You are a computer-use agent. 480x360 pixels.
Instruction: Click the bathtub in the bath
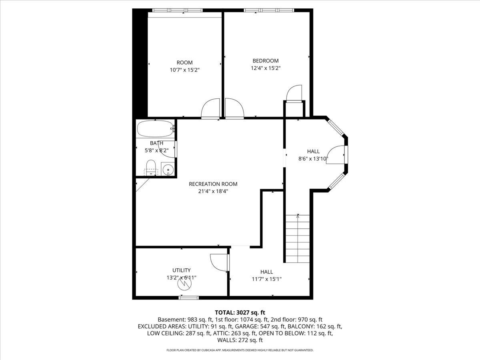coord(155,129)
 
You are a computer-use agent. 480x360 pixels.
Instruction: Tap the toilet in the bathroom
coord(150,167)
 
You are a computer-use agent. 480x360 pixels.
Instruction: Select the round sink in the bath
coord(168,170)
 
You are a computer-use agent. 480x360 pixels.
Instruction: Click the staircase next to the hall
coord(297,238)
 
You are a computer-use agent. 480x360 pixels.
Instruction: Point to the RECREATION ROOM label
coord(213,184)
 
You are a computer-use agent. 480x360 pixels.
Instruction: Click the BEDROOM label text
coord(265,61)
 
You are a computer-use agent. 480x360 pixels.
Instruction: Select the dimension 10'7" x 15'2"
coord(184,70)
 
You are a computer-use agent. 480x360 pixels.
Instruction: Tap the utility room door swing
coord(219,262)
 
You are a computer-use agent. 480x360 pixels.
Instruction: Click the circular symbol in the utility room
coord(184,284)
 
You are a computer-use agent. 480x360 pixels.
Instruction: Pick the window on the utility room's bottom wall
coord(189,297)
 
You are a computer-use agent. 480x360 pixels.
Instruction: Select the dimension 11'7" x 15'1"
coord(266,279)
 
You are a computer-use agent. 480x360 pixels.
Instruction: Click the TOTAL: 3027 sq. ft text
coord(240,312)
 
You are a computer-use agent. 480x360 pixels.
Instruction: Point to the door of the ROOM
coord(211,109)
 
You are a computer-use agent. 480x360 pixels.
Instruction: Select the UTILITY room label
coord(181,270)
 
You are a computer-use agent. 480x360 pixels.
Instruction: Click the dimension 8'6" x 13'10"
coord(313,158)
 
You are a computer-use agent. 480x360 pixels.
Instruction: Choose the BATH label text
coord(156,143)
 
